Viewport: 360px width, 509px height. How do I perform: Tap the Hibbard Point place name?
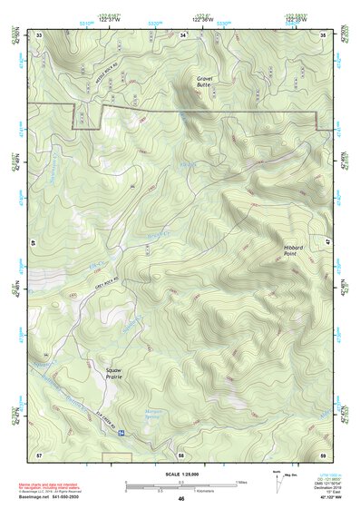(283, 250)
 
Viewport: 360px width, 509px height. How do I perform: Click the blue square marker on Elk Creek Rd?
(121, 434)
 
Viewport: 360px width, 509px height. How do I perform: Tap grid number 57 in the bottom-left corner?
(39, 453)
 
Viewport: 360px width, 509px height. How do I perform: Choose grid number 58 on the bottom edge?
(181, 453)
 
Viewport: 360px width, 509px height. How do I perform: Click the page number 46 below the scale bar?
(181, 499)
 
